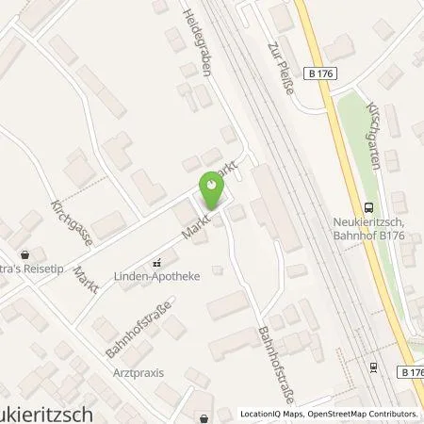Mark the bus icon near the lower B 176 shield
tap(374, 368)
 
